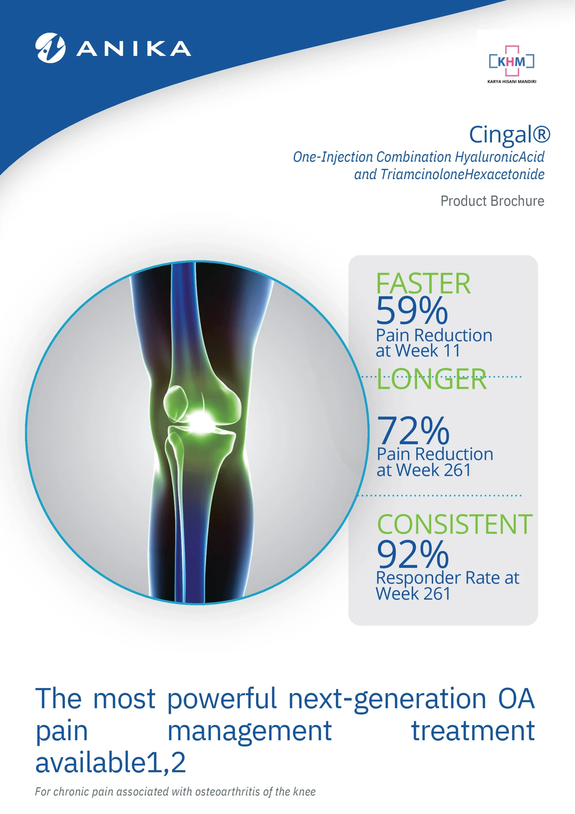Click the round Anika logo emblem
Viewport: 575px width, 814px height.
coord(50,48)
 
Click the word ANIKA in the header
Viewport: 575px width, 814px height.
coord(134,49)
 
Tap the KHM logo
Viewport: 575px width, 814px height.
coord(511,61)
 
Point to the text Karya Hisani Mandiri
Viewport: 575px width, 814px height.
coord(511,81)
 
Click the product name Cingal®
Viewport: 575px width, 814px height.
coord(510,135)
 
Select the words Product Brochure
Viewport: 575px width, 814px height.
coord(492,201)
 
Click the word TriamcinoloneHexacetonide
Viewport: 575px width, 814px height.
coord(462,175)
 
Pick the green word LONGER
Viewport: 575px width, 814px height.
coord(431,379)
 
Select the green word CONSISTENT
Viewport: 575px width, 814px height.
coord(455,524)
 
